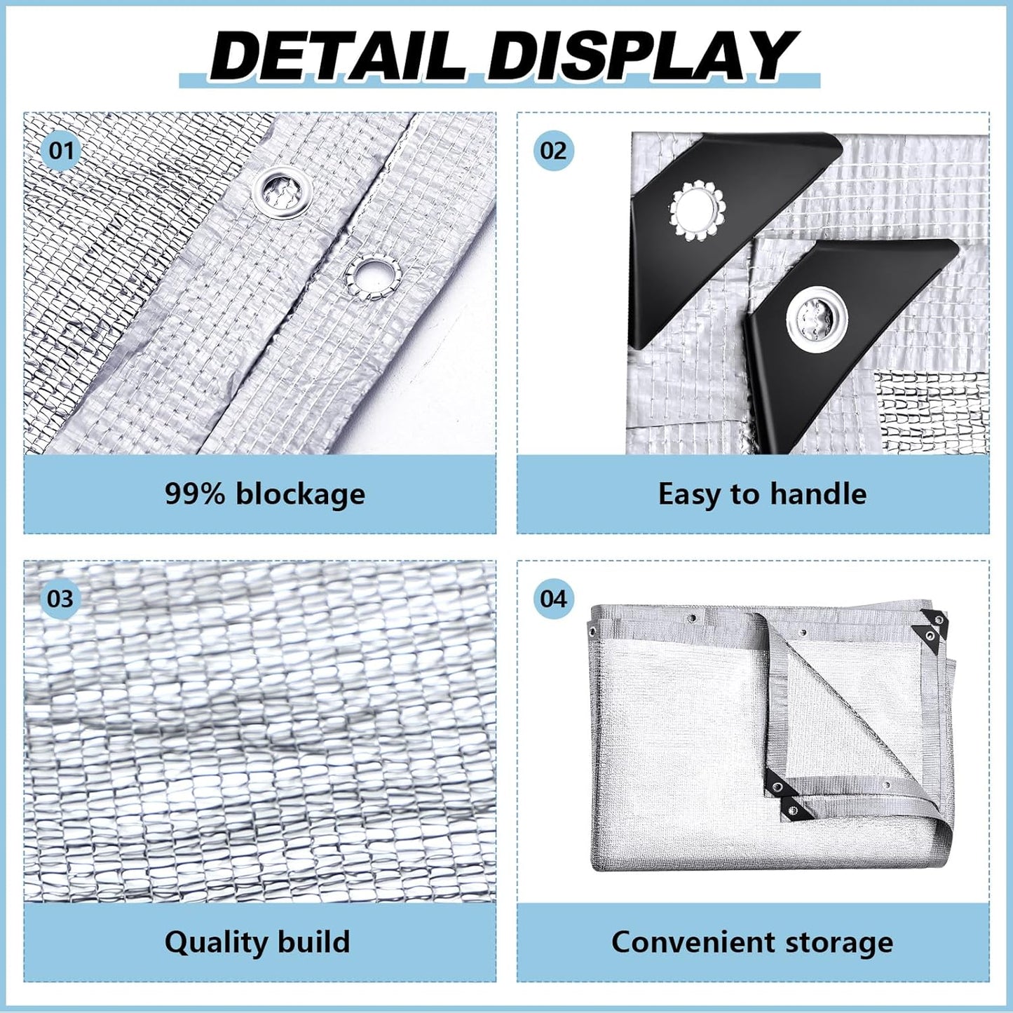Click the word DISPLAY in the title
pyautogui.click(x=641, y=56)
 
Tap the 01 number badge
pyautogui.click(x=61, y=150)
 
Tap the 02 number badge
pyautogui.click(x=553, y=150)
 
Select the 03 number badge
pyautogui.click(x=61, y=599)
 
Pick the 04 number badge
pyautogui.click(x=553, y=599)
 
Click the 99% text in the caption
pyautogui.click(x=195, y=494)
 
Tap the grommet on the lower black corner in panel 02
pyautogui.click(x=817, y=317)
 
